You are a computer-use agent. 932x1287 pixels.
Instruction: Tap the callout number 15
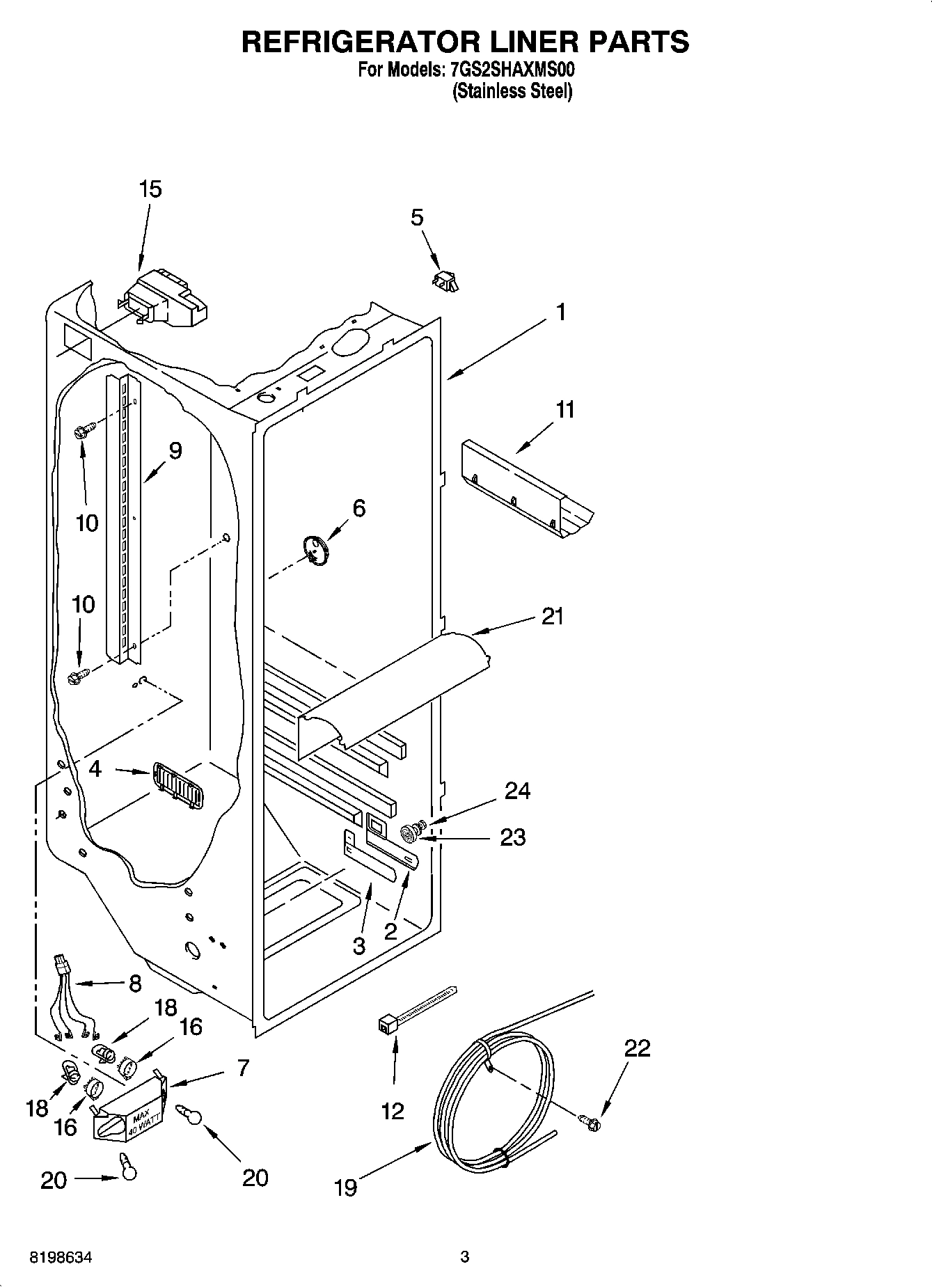150,189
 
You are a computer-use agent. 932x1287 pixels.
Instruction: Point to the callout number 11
565,410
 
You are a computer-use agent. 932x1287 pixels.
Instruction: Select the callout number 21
553,616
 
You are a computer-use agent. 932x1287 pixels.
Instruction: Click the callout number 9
175,451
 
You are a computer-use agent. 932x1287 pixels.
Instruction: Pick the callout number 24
517,791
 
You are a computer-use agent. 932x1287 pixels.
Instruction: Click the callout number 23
513,837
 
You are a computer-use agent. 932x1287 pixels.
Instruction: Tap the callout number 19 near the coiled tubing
345,1187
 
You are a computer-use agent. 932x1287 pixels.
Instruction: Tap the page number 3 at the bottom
465,1257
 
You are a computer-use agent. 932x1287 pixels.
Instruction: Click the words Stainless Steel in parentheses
512,91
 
